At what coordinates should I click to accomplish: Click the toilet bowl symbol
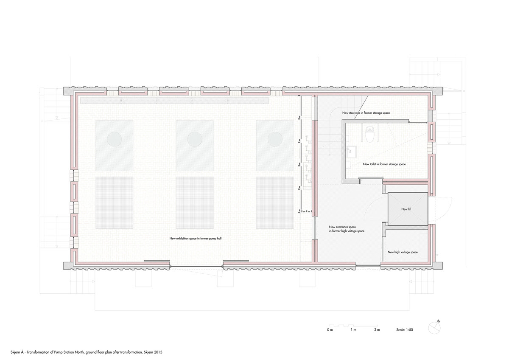pyautogui.click(x=370, y=135)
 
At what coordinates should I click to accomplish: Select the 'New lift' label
pyautogui.click(x=406, y=209)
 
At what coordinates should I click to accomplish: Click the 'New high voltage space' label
pyautogui.click(x=403, y=252)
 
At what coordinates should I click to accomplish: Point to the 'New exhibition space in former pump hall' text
pyautogui.click(x=196, y=239)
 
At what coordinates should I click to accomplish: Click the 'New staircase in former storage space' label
pyautogui.click(x=366, y=113)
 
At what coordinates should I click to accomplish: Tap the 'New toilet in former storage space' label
pyautogui.click(x=384, y=164)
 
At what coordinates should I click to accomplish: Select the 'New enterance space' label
pyautogui.click(x=342, y=227)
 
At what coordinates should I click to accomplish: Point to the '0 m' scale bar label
pyautogui.click(x=330, y=330)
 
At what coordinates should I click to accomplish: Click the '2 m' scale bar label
pyautogui.click(x=377, y=330)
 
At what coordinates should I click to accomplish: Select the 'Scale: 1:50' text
pyautogui.click(x=405, y=330)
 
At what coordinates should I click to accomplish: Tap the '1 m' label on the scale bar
pyautogui.click(x=353, y=330)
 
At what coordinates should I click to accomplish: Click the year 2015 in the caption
pyautogui.click(x=158, y=352)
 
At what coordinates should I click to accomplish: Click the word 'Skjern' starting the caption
pyautogui.click(x=15, y=352)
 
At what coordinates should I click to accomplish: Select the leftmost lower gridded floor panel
pyautogui.click(x=114, y=202)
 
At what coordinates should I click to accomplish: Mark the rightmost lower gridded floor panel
pyautogui.click(x=275, y=202)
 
